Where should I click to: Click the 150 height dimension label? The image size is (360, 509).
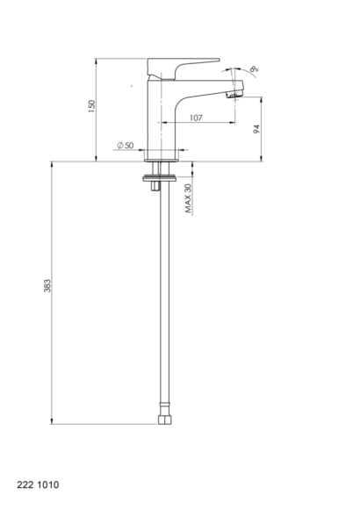tap(92, 106)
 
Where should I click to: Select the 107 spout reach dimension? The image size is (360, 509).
tap(196, 118)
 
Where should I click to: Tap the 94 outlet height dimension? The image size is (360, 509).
tap(256, 129)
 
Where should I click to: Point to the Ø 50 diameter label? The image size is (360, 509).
tap(125, 145)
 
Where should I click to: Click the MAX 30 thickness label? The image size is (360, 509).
tap(188, 198)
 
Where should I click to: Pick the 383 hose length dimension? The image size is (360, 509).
tap(47, 286)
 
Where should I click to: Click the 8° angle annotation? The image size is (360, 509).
tap(255, 68)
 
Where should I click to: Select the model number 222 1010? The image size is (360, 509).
tap(38, 484)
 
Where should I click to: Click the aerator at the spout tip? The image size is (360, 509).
tap(234, 95)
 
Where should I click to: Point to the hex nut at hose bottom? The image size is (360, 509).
tap(165, 419)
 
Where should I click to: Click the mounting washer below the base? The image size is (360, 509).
tap(160, 178)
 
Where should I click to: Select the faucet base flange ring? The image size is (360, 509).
tap(162, 160)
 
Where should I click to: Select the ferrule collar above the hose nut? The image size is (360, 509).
tap(165, 408)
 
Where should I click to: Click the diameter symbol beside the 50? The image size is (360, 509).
tap(120, 145)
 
